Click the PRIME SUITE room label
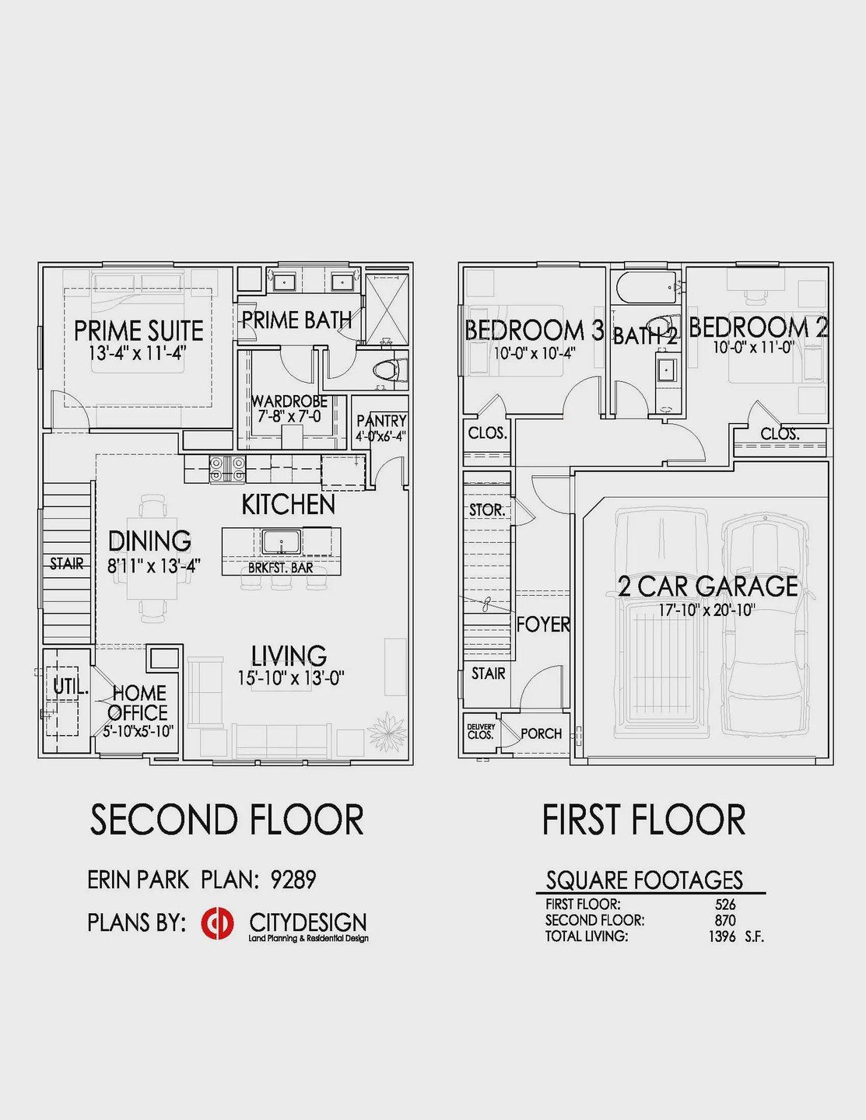(x=138, y=331)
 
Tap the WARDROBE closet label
(x=289, y=402)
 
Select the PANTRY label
(x=381, y=421)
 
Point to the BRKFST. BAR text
(x=281, y=568)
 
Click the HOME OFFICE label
(x=138, y=702)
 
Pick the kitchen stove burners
(x=227, y=468)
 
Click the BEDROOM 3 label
(x=534, y=331)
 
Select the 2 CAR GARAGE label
(x=708, y=586)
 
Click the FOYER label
(x=543, y=624)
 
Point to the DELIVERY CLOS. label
(x=481, y=731)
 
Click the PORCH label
(x=541, y=733)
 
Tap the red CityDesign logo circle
(x=217, y=923)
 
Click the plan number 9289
(x=293, y=880)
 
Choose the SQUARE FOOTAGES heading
(x=644, y=880)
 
